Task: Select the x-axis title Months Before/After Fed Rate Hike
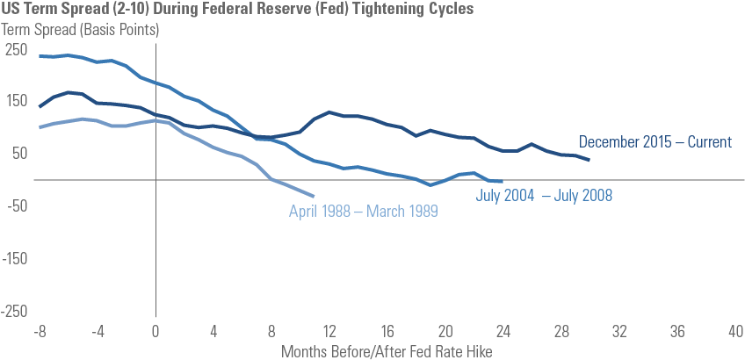[387, 351]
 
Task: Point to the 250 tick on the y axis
[17, 49]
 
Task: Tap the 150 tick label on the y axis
[17, 101]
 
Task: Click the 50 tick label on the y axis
[19, 154]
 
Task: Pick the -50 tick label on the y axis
[17, 206]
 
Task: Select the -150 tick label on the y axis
[14, 259]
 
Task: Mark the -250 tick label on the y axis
[14, 312]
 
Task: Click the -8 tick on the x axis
[40, 333]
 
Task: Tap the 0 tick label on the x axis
[156, 333]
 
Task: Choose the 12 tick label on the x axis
[329, 333]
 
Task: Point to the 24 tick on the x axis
[503, 333]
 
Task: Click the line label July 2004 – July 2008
[544, 195]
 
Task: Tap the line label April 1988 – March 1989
[364, 211]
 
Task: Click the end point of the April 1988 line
[315, 196]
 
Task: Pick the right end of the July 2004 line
[503, 181]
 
